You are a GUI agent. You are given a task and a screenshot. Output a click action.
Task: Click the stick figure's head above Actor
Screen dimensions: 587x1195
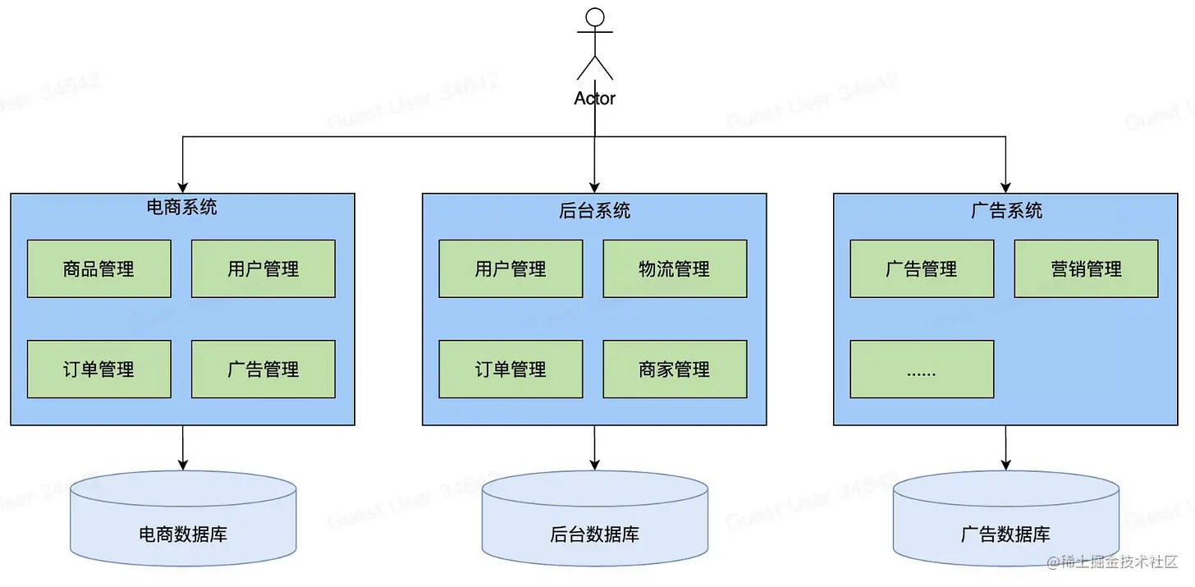coord(595,17)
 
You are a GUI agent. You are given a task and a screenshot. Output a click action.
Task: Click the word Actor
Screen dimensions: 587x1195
coord(595,99)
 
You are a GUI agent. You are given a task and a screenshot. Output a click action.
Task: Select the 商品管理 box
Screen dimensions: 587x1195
coord(98,268)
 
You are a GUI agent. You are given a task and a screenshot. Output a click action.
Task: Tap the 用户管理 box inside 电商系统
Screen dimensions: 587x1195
coord(263,268)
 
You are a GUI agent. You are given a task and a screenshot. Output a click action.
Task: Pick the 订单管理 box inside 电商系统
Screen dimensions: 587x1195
coord(98,369)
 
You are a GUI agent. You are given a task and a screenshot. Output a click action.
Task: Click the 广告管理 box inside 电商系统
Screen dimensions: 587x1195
coord(263,369)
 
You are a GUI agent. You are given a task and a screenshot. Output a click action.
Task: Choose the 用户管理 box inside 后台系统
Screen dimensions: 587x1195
coord(511,268)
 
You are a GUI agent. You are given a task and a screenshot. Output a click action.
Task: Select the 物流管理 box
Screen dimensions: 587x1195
coord(675,268)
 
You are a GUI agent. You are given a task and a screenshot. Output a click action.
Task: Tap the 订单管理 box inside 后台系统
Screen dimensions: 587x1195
coord(511,369)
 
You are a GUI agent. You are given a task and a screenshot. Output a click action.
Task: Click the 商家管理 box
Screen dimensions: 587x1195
coord(675,369)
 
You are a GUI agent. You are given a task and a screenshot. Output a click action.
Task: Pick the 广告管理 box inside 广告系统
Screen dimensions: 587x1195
coord(922,268)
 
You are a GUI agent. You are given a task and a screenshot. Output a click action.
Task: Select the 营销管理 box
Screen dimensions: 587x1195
coord(1086,268)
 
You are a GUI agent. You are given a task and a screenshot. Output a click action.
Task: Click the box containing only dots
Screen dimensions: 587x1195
coord(922,369)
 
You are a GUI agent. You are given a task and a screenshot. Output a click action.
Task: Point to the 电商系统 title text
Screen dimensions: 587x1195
coord(182,207)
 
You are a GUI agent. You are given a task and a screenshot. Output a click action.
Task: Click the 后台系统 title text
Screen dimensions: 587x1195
coord(595,210)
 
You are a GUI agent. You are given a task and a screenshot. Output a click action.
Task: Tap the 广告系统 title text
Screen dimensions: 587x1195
coord(1006,210)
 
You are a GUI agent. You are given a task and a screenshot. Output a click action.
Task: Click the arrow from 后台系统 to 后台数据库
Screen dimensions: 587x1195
coord(595,447)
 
